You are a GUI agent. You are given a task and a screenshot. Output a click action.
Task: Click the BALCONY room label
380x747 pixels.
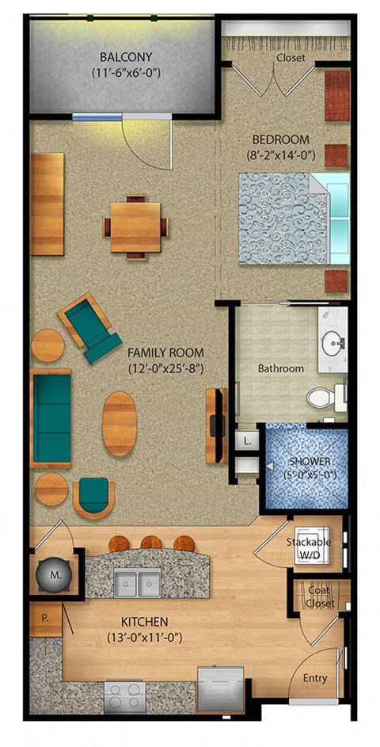[126, 57]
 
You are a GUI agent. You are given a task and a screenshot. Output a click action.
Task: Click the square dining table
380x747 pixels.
[135, 227]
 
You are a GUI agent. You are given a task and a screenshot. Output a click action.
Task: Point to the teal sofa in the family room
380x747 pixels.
[51, 417]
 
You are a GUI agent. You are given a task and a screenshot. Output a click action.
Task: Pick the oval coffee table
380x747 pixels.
[119, 422]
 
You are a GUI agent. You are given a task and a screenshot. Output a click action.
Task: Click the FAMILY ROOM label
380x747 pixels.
[165, 353]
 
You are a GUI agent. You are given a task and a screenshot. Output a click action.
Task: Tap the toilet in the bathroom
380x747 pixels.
[327, 395]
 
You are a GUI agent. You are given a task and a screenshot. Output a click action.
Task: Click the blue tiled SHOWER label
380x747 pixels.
[309, 462]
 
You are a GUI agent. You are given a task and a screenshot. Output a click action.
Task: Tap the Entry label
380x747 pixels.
[315, 678]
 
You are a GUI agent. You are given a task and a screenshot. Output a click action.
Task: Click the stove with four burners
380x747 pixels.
[125, 698]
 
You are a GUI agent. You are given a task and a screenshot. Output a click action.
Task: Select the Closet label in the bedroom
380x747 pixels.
[291, 58]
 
